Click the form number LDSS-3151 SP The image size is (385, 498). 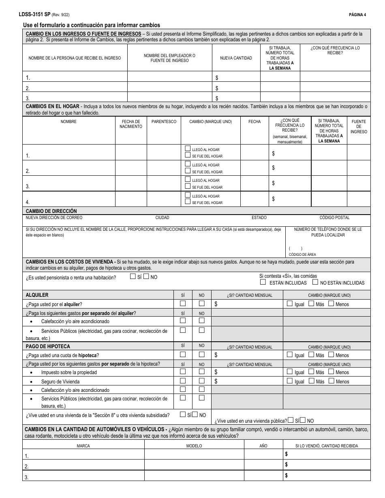(34, 15)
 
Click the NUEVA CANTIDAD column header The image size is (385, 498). (236, 58)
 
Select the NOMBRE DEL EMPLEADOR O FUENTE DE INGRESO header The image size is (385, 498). (169, 58)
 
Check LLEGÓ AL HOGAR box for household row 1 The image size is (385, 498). (188, 149)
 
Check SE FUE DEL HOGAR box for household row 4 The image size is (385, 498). (188, 202)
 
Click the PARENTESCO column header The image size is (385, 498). (164, 121)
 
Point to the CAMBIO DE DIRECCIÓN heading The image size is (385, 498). (51, 211)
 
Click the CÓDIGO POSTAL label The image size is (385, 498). (334, 217)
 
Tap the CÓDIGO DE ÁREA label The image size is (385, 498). (302, 254)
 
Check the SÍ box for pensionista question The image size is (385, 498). (133, 277)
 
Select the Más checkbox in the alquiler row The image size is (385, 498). (311, 303)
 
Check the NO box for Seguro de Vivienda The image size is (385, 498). (201, 381)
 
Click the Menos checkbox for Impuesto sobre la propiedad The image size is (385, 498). (331, 371)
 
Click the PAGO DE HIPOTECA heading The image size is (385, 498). (48, 346)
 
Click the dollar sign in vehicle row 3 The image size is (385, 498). (287, 475)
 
